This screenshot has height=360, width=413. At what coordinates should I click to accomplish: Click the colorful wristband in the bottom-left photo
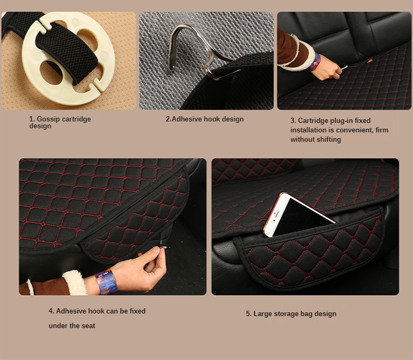(106, 282)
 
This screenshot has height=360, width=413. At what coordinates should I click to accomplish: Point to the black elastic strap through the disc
(67, 51)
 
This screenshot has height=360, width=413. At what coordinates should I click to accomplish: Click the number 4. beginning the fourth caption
(51, 311)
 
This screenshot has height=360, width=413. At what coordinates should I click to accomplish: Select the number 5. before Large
(249, 313)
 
